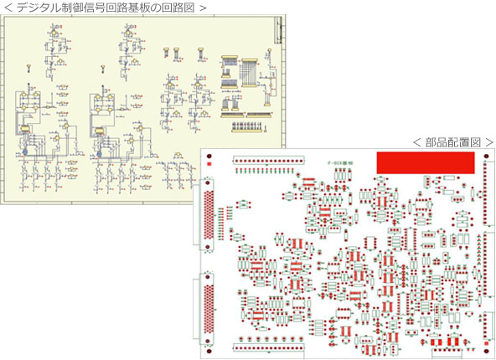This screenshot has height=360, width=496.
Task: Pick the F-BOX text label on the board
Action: [x=340, y=162]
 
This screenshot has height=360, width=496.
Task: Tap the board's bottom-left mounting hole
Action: [x=208, y=347]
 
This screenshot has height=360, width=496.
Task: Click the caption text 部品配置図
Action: [x=452, y=142]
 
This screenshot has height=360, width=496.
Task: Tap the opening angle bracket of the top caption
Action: [x=8, y=8]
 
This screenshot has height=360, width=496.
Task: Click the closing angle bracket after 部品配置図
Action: [x=489, y=142]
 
